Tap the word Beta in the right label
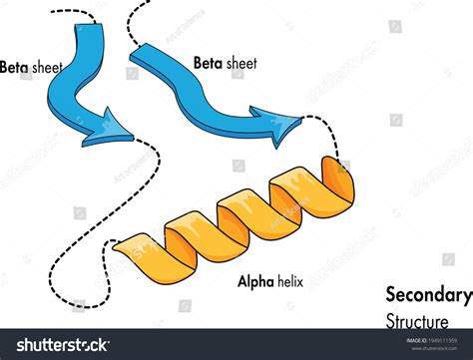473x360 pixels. coord(208,63)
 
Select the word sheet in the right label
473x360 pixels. coord(240,63)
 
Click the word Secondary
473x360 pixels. coord(428,295)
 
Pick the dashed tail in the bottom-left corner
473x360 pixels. coord(70,295)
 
